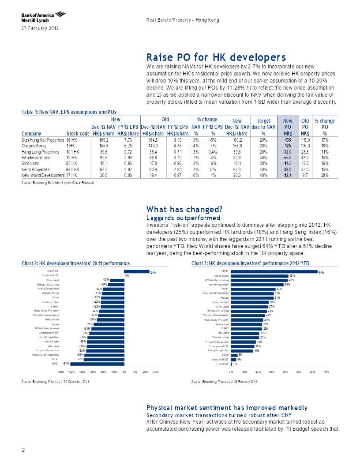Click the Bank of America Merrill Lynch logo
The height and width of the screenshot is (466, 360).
[x=43, y=17]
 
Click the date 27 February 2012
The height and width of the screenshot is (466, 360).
[x=40, y=29]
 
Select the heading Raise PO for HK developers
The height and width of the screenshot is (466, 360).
[x=216, y=57]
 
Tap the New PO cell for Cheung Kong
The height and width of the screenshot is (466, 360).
[x=288, y=146]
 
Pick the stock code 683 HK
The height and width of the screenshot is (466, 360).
[x=72, y=169]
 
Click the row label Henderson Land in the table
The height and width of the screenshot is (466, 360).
[x=36, y=158]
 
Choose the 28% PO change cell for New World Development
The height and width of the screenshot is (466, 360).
[x=325, y=175]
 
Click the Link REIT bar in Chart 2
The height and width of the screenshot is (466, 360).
[x=137, y=271]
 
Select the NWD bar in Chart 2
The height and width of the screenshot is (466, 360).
[x=97, y=364]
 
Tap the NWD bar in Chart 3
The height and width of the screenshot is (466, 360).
[x=274, y=271]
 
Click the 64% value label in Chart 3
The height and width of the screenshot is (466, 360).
[x=321, y=273]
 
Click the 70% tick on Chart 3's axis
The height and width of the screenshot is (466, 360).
[x=326, y=372]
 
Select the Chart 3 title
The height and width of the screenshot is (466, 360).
[x=251, y=263]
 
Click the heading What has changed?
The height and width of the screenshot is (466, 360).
[x=184, y=210]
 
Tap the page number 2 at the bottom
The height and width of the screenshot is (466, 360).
[x=23, y=450]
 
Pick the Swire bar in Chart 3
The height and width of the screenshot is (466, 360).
[x=234, y=355]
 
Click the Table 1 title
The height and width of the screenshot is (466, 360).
[x=69, y=112]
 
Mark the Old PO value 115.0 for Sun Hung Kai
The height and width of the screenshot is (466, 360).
[x=305, y=140]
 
